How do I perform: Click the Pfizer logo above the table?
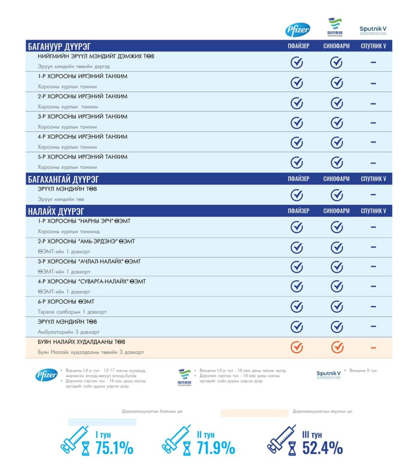(x=297, y=30)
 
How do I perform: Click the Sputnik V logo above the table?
(x=373, y=30)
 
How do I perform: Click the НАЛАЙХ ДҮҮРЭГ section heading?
(x=56, y=211)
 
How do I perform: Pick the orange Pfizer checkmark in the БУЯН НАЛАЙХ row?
(x=297, y=347)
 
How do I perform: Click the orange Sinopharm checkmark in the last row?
(x=337, y=347)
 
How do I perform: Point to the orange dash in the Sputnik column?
(x=374, y=347)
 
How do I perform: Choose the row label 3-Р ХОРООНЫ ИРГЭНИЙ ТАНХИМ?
(x=83, y=117)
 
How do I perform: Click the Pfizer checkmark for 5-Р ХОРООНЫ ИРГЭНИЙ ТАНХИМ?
(x=297, y=162)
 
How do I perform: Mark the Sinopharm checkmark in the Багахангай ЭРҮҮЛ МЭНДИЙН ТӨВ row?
(x=337, y=195)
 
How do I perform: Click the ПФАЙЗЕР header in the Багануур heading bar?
(x=298, y=47)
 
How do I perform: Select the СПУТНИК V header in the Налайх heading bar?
(x=373, y=211)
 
